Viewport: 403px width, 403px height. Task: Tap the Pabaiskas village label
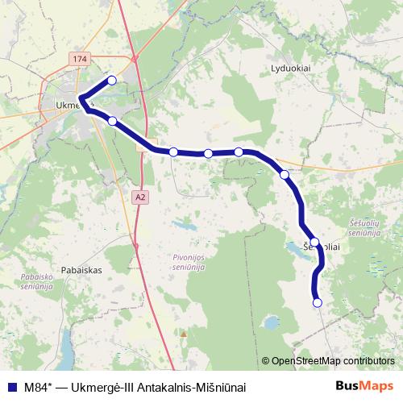pyautogui.click(x=80, y=271)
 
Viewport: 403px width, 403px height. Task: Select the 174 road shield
pyautogui.click(x=78, y=60)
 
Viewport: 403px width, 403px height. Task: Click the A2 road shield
pyautogui.click(x=141, y=196)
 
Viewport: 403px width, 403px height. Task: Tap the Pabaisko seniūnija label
pyautogui.click(x=31, y=280)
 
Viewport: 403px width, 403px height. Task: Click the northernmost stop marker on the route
pyautogui.click(x=112, y=80)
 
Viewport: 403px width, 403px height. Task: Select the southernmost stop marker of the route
pyautogui.click(x=317, y=303)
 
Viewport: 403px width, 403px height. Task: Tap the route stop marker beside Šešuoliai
pyautogui.click(x=315, y=242)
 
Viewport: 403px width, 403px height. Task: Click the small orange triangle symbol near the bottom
pyautogui.click(x=184, y=333)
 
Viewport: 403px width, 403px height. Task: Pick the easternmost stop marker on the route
pyautogui.click(x=317, y=303)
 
